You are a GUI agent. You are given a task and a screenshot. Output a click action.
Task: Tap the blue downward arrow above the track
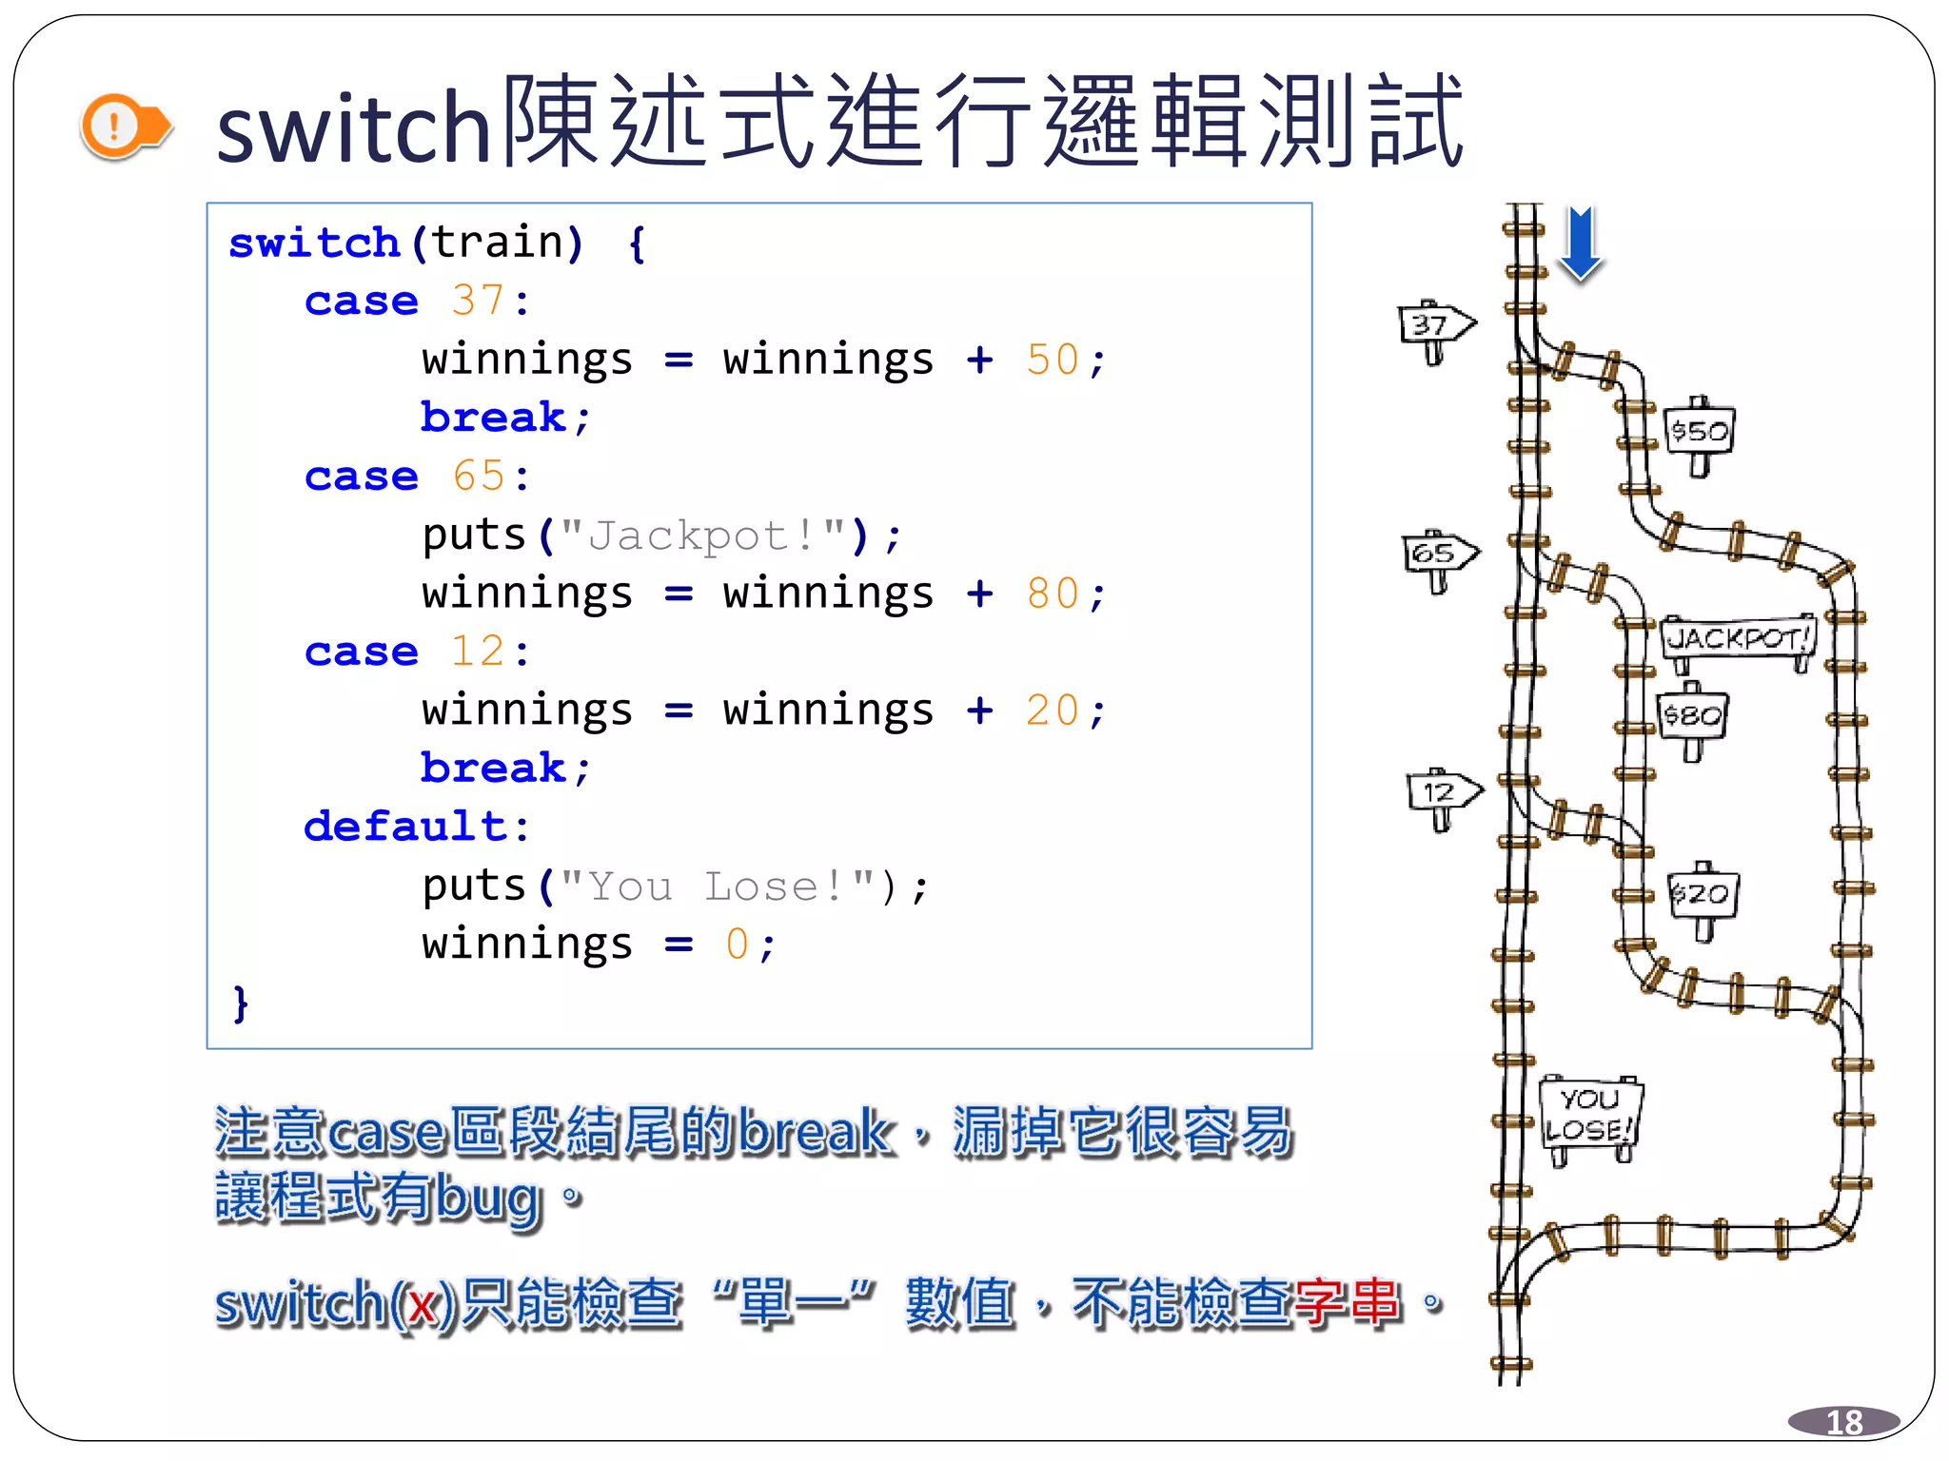pos(1581,243)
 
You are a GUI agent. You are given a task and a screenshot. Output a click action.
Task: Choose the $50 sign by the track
pos(1700,432)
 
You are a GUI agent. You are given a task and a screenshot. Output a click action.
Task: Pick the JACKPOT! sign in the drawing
pos(1738,638)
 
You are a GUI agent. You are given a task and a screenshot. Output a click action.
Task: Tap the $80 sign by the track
pos(1692,715)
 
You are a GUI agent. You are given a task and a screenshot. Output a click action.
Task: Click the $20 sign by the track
pos(1703,894)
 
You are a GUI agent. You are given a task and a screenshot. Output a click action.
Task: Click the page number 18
pos(1843,1422)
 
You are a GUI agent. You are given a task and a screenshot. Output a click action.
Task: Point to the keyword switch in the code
pos(314,243)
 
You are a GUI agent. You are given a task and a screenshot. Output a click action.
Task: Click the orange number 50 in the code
pos(1052,360)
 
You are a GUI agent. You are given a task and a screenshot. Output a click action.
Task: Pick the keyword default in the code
pos(405,827)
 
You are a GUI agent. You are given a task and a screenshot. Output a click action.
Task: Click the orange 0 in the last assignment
pos(737,945)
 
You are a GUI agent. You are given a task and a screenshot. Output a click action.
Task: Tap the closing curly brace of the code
pos(241,1003)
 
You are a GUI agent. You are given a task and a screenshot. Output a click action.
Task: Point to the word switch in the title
pos(353,129)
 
